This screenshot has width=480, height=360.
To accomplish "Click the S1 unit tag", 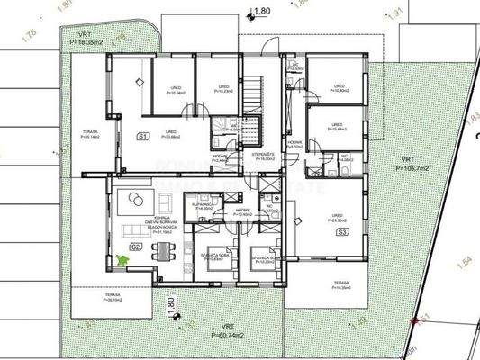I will [x=142, y=137].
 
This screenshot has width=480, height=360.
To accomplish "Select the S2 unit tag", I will [x=137, y=246].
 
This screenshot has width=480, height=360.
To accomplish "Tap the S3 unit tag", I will [x=343, y=231].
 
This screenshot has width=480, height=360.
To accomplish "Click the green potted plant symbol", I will [x=121, y=260].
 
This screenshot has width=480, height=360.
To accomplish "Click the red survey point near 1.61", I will [x=415, y=319].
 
